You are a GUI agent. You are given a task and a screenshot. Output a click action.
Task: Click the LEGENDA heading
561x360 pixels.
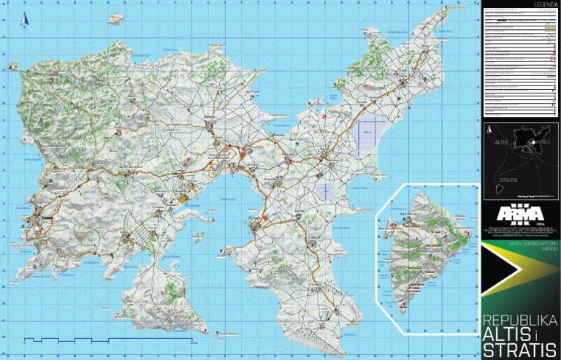pyautogui.click(x=546, y=4)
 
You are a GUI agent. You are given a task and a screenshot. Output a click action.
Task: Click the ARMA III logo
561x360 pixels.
pyautogui.click(x=520, y=214)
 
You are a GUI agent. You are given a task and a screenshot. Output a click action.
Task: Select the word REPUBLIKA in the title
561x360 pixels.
pyautogui.click(x=519, y=321)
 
